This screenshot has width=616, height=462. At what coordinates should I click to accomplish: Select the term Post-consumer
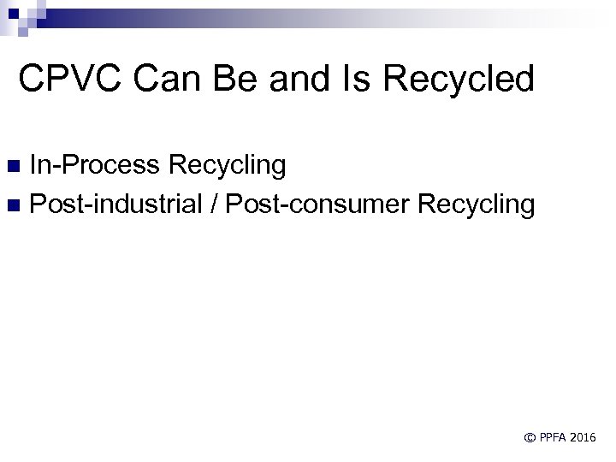pyautogui.click(x=313, y=204)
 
